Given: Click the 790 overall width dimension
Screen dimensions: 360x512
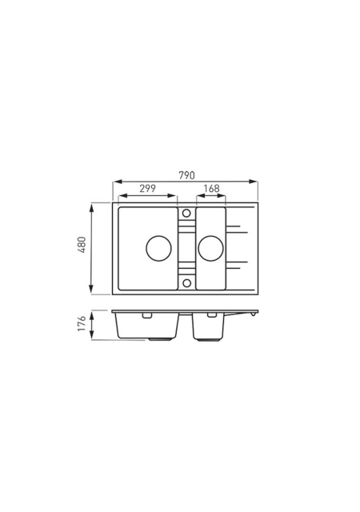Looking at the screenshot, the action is tap(186, 175).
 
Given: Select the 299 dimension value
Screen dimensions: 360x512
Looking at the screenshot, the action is tap(148, 189).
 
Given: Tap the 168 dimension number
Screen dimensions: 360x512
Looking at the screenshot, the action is tap(211, 189).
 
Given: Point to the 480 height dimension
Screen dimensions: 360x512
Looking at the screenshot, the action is tap(82, 245).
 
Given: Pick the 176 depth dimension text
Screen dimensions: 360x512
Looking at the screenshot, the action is tap(82, 323).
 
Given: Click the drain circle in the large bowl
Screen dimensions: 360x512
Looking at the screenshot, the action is tap(158, 248).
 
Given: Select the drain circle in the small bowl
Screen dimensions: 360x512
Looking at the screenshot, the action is tap(210, 248).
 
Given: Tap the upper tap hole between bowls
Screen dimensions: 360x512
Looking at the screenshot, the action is tap(186, 214).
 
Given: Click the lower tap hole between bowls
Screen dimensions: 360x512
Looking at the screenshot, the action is tap(186, 282).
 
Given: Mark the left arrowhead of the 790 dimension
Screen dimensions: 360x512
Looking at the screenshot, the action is tap(118, 182).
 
